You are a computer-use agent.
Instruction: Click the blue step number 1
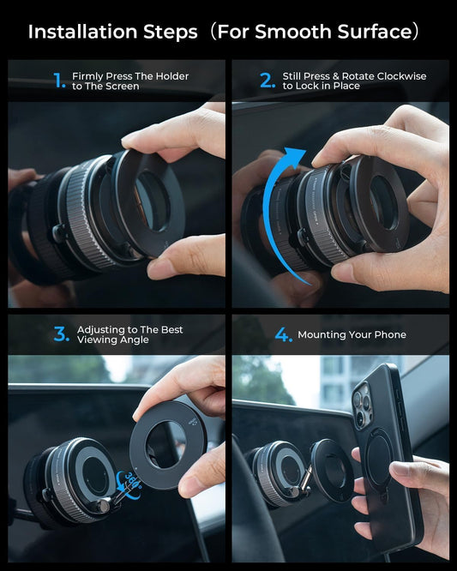[x=58, y=81]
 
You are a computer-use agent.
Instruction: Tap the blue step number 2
[x=267, y=81]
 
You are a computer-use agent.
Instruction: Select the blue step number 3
[x=61, y=335]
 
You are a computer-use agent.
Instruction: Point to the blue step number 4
[x=283, y=335]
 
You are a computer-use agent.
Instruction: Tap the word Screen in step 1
[x=123, y=87]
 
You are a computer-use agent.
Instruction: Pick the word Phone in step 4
[x=388, y=335]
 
